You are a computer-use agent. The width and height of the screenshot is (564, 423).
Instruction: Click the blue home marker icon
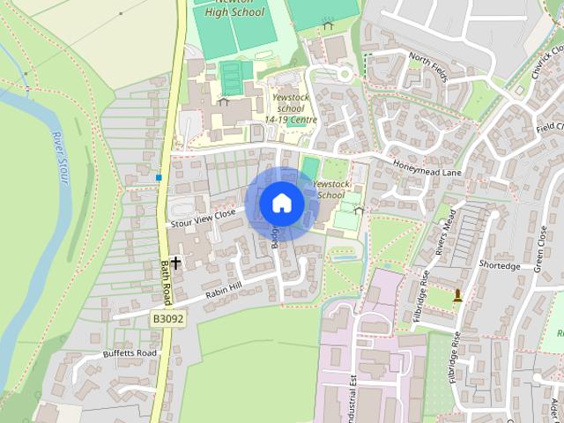[x=282, y=203]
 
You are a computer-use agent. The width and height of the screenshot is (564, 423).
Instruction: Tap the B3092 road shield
[x=167, y=319]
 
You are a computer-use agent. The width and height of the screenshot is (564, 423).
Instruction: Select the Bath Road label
[x=167, y=282]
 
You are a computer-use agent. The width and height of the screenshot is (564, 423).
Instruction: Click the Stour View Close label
[x=203, y=218]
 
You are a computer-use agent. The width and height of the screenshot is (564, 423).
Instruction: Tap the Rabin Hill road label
[x=228, y=285]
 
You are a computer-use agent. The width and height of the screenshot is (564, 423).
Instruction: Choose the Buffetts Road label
[x=129, y=354]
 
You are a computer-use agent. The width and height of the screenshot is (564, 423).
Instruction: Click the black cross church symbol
[x=175, y=263]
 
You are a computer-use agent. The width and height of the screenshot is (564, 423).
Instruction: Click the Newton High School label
[x=234, y=8]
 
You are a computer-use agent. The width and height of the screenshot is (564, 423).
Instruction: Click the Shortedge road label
[x=500, y=265]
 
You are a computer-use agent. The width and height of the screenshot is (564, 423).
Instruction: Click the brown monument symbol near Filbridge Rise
[x=457, y=296]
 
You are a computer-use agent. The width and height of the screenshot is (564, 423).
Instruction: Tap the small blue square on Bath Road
[x=159, y=178]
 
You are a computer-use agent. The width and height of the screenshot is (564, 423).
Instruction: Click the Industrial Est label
[x=352, y=388]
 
